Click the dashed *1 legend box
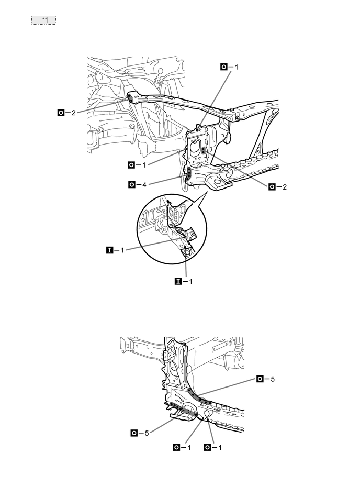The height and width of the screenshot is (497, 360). (43, 20)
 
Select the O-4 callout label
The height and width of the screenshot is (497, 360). (137, 184)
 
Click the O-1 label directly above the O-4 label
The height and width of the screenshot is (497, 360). (137, 165)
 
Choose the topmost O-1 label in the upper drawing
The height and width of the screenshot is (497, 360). (229, 67)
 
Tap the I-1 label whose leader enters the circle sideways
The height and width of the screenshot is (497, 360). (116, 251)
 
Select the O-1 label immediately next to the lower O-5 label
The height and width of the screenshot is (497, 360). (183, 447)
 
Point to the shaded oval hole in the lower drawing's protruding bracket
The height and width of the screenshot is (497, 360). (187, 414)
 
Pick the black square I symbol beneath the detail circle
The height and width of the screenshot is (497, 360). (177, 281)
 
